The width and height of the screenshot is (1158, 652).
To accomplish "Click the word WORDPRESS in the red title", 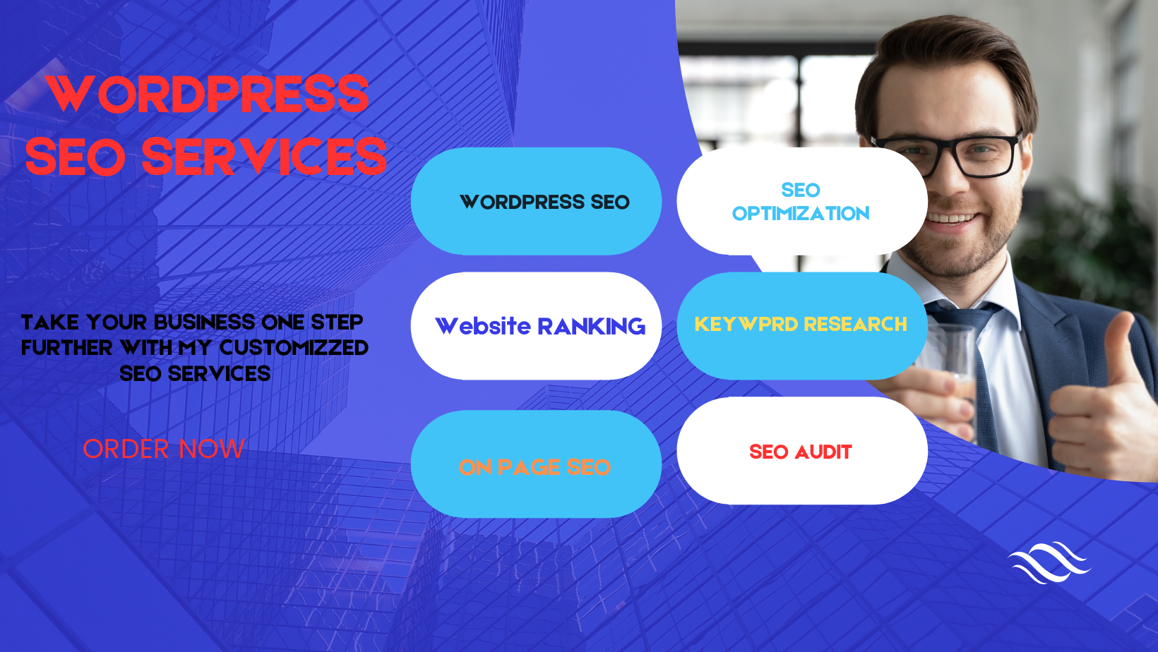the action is pyautogui.click(x=208, y=94).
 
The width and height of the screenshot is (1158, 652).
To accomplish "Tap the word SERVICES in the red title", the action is pyautogui.click(x=264, y=157).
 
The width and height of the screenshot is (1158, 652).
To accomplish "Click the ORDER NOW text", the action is pyautogui.click(x=163, y=449).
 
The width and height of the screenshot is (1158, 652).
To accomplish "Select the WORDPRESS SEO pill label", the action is pyautogui.click(x=544, y=202).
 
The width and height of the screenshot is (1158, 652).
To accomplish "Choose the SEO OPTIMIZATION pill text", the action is pyautogui.click(x=801, y=202).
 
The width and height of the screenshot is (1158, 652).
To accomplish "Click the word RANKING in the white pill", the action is pyautogui.click(x=592, y=327).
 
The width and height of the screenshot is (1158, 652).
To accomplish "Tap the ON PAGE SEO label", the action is pyautogui.click(x=535, y=468).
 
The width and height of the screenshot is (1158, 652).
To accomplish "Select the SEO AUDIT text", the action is pyautogui.click(x=800, y=452).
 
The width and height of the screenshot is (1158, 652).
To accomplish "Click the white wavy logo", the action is pyautogui.click(x=1049, y=562).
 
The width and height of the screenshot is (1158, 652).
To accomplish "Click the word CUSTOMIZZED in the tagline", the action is pyautogui.click(x=294, y=348).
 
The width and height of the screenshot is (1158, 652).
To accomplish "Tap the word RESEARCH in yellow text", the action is pyautogui.click(x=856, y=325).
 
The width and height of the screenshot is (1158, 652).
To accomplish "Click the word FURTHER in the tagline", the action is pyautogui.click(x=66, y=348).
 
